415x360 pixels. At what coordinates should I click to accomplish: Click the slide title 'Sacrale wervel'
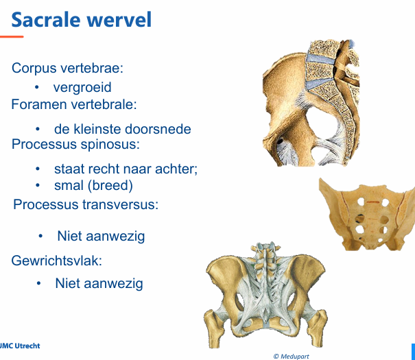click(82, 19)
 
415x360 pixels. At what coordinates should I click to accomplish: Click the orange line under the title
click(12, 36)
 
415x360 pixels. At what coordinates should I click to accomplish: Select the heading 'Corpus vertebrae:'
click(67, 69)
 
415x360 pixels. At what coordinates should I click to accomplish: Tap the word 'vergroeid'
click(82, 88)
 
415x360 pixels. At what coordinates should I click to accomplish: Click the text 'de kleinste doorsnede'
click(122, 129)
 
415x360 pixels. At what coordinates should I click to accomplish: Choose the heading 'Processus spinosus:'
click(75, 145)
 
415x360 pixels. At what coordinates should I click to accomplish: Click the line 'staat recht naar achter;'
click(126, 169)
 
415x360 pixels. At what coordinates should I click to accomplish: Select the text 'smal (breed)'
click(93, 186)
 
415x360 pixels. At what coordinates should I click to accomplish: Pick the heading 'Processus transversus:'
click(86, 204)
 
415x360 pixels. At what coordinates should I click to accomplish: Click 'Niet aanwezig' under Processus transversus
click(101, 237)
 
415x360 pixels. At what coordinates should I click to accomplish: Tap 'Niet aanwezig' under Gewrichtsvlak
click(99, 283)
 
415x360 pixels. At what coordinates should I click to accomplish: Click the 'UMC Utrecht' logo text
click(20, 346)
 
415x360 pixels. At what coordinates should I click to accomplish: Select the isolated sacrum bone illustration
click(367, 214)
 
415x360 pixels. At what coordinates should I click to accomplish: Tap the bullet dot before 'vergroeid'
click(36, 88)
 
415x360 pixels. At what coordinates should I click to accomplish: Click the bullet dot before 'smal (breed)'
click(38, 186)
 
